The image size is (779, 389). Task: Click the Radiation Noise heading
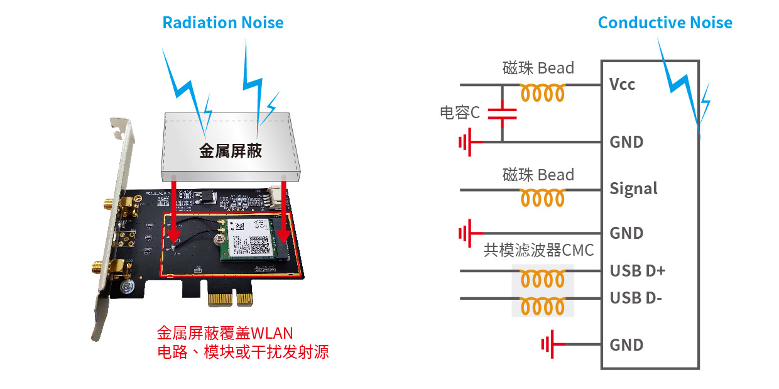[223, 23]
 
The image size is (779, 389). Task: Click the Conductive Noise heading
[665, 23]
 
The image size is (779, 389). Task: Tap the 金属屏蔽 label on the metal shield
[230, 151]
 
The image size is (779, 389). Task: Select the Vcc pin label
[622, 84]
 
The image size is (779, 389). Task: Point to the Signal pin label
[634, 189]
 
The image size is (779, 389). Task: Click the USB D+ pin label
[638, 271]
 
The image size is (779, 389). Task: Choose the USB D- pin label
[636, 298]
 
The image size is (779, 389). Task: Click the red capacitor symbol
[502, 114]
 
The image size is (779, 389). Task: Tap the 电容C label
[460, 112]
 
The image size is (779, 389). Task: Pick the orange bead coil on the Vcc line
[543, 93]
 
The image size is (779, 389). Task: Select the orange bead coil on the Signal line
[543, 198]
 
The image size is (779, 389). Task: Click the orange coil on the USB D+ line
[543, 278]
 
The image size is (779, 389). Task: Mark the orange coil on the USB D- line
[543, 307]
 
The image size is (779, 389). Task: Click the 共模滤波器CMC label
[538, 250]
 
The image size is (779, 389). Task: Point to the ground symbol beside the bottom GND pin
[553, 344]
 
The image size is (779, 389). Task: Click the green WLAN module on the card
[247, 239]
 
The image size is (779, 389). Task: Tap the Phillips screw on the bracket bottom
[128, 287]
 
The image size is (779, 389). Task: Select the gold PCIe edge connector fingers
[231, 299]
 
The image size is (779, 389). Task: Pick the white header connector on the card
[274, 197]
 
